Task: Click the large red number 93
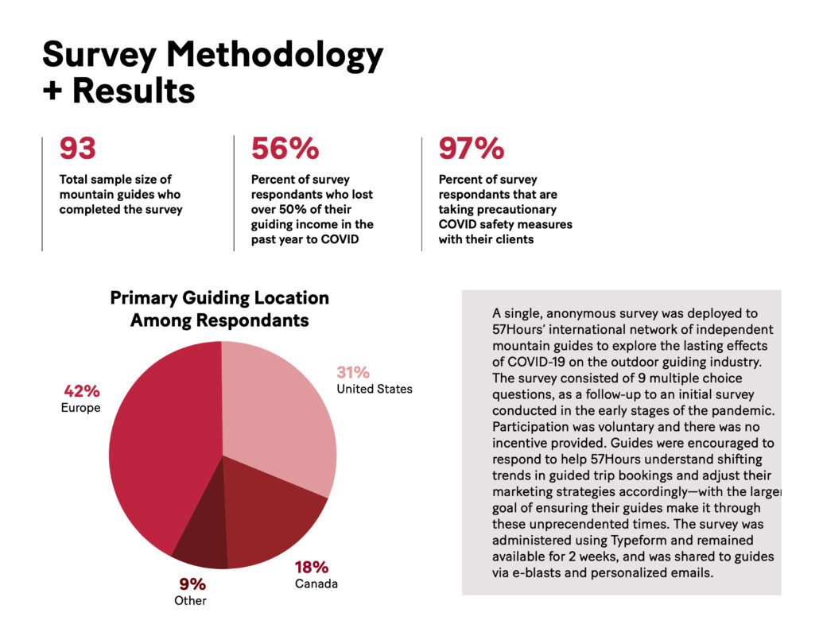pyautogui.click(x=78, y=149)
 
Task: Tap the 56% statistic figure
pyautogui.click(x=285, y=149)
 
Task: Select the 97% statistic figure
pyautogui.click(x=472, y=149)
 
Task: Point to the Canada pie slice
pyautogui.click(x=273, y=519)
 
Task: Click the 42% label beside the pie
pyautogui.click(x=82, y=391)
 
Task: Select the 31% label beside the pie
pyautogui.click(x=353, y=373)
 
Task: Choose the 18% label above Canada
pyautogui.click(x=312, y=568)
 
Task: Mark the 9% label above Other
pyautogui.click(x=192, y=584)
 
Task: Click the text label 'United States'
pyautogui.click(x=375, y=390)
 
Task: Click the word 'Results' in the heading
pyautogui.click(x=134, y=91)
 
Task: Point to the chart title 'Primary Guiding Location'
pyautogui.click(x=219, y=298)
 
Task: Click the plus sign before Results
pyautogui.click(x=52, y=91)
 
